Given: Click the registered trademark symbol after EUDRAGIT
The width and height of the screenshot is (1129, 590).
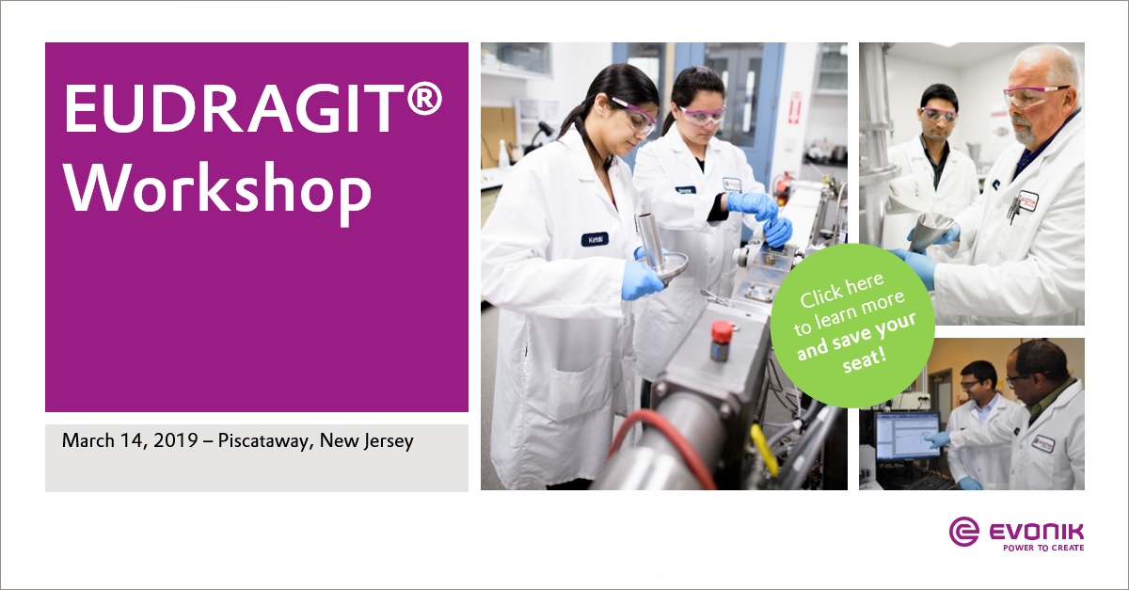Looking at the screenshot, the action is pyautogui.click(x=424, y=99).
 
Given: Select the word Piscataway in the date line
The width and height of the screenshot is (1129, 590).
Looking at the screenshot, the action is pyautogui.click(x=263, y=441).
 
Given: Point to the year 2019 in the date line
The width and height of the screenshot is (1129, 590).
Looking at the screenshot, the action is pyautogui.click(x=175, y=440).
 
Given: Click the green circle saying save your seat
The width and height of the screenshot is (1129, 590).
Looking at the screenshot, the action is pyautogui.click(x=852, y=326).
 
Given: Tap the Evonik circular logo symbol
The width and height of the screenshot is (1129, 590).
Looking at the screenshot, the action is pyautogui.click(x=964, y=532).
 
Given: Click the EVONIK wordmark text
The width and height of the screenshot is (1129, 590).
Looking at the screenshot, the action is pyautogui.click(x=1036, y=532).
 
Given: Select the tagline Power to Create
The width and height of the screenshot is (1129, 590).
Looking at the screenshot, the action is pyautogui.click(x=1043, y=548).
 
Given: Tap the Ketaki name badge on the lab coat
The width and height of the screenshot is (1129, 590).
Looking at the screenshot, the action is pyautogui.click(x=595, y=239).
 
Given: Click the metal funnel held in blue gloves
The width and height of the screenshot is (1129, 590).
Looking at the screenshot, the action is pyautogui.click(x=931, y=230).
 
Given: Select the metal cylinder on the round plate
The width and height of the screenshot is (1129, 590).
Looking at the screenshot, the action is pyautogui.click(x=650, y=241).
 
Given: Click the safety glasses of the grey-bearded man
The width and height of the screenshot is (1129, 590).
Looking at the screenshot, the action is pyautogui.click(x=1031, y=96).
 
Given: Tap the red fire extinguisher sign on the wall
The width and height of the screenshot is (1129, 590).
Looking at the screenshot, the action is pyautogui.click(x=795, y=107).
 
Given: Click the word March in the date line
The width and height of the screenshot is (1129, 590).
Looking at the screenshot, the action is pyautogui.click(x=88, y=440).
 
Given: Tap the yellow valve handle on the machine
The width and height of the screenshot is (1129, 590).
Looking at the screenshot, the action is pyautogui.click(x=763, y=449).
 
